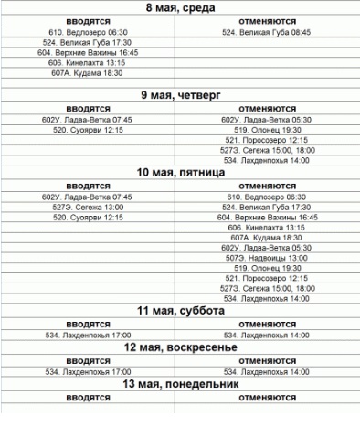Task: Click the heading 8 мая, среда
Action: point(181,7)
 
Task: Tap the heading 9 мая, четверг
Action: point(180,94)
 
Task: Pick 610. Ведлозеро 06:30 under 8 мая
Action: point(91,31)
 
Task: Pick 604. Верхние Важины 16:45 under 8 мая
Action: point(91,52)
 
